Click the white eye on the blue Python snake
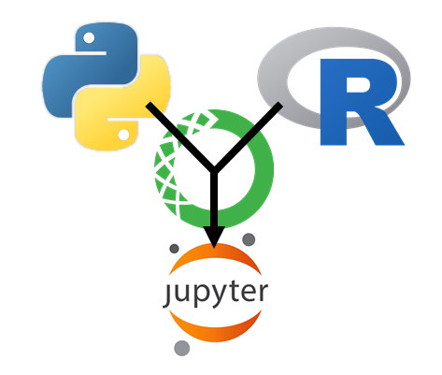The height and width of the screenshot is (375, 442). coord(89,38)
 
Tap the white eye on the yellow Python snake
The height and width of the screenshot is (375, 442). coord(123,135)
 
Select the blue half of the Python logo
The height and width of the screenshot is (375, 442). coord(91,68)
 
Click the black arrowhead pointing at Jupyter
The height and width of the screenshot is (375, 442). coord(214,237)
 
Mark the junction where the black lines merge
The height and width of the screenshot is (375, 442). coord(214,170)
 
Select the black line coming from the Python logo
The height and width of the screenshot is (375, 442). coord(180,137)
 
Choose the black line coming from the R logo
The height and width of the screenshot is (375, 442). coord(249,137)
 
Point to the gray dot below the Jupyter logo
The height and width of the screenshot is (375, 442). coord(182,348)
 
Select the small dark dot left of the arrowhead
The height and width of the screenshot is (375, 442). coord(174,249)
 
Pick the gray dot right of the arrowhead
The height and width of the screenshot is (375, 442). coord(249,239)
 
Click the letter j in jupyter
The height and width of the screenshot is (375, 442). coord(167,295)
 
